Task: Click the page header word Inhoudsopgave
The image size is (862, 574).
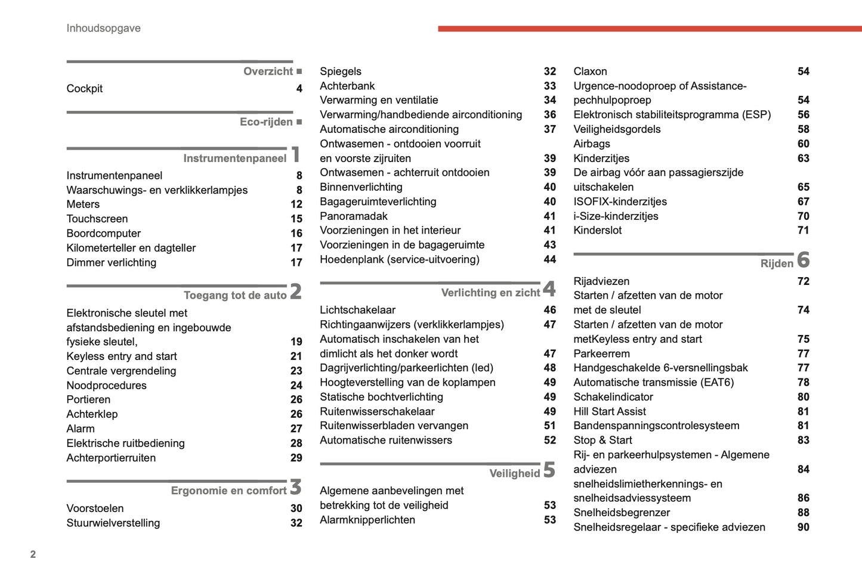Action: tap(103, 28)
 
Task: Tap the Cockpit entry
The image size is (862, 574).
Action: tap(84, 89)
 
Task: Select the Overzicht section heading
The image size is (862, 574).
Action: tap(268, 72)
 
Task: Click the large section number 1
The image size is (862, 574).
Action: tap(296, 155)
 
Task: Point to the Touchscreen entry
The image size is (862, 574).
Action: tap(97, 219)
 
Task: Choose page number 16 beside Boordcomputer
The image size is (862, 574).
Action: tap(296, 234)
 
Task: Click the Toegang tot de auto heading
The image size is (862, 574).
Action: tap(235, 295)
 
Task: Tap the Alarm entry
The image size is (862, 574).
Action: tap(81, 429)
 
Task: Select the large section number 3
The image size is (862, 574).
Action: tap(296, 488)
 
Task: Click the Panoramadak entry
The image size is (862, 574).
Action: tap(353, 216)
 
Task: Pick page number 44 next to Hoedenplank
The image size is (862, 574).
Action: tap(549, 260)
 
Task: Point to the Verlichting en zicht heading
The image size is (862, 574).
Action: tap(490, 293)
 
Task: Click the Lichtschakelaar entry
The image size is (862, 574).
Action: tap(357, 310)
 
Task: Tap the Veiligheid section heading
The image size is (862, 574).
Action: tap(514, 473)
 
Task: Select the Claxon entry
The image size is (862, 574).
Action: tap(590, 72)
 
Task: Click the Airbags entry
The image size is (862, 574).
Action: tap(591, 144)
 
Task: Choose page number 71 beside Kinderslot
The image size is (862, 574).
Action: tap(803, 231)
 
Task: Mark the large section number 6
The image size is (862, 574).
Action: tap(803, 260)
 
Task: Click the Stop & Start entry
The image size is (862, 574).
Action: tap(603, 440)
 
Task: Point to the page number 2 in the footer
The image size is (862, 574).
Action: tap(33, 554)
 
